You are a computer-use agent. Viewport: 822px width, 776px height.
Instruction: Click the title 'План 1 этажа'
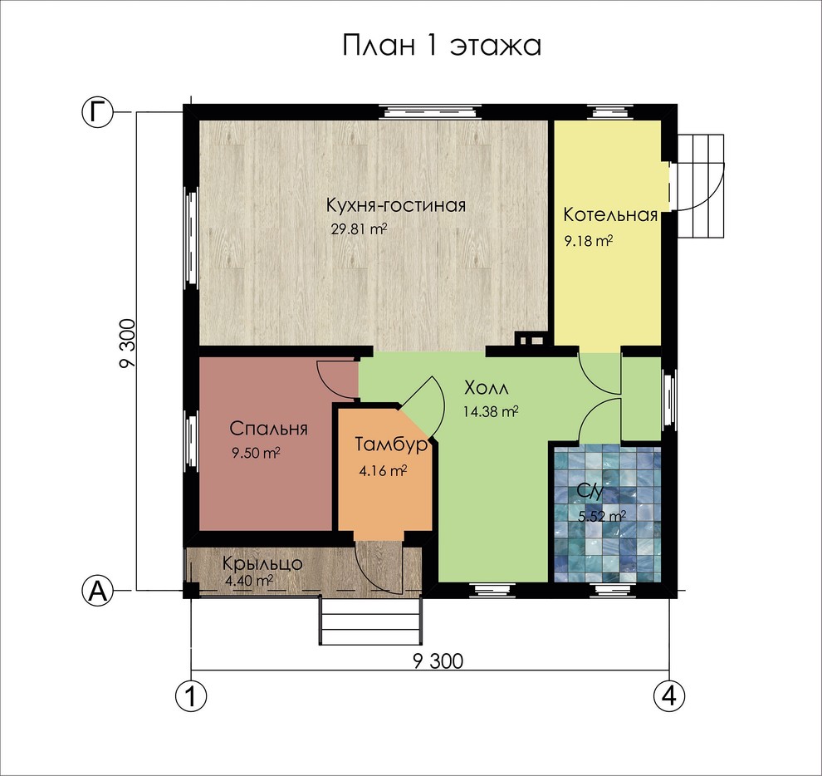tap(442, 46)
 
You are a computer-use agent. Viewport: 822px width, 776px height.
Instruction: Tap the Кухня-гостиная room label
tap(396, 204)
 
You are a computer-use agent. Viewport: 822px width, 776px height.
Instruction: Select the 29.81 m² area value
tap(359, 229)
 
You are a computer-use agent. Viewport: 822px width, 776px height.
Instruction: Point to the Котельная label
tap(610, 214)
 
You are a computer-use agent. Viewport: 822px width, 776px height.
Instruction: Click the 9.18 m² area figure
tap(589, 241)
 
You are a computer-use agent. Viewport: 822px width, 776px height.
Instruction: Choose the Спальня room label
tap(268, 429)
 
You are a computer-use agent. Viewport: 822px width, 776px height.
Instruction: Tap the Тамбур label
tap(391, 445)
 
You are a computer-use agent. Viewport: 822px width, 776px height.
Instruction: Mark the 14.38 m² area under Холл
tap(491, 411)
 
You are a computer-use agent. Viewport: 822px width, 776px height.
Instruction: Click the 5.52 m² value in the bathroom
tap(601, 517)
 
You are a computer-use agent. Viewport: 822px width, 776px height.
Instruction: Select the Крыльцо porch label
tap(262, 563)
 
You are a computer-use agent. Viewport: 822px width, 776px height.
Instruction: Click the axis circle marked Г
tap(97, 112)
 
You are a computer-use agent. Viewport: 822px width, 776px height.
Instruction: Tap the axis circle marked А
tap(97, 591)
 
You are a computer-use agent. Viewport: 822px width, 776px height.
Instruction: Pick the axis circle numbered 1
tap(190, 696)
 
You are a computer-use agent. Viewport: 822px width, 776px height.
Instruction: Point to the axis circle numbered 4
tap(669, 696)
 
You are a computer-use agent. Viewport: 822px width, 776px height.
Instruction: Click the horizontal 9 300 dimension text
tap(438, 661)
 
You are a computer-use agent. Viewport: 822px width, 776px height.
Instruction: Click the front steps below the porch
tap(370, 621)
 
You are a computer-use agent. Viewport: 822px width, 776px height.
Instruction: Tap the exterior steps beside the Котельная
tap(701, 186)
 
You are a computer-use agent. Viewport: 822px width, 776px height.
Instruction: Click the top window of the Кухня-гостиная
tap(430, 112)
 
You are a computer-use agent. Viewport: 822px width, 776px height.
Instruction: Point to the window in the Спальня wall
tap(192, 444)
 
